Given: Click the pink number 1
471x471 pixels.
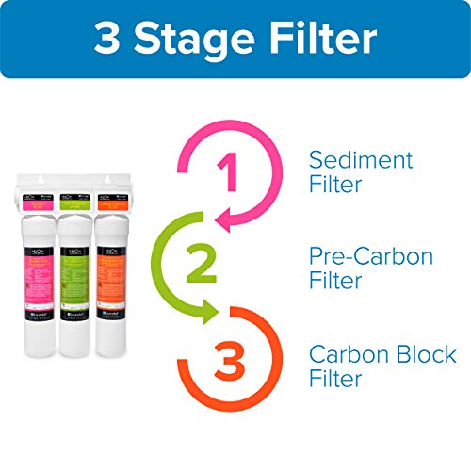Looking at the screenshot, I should pos(225,174).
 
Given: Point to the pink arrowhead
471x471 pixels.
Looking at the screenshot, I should pos(221,222).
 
